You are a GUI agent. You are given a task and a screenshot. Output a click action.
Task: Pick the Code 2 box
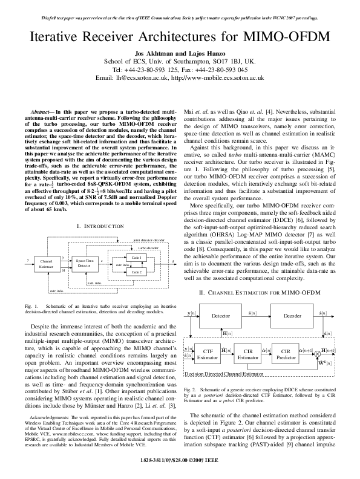[137, 272]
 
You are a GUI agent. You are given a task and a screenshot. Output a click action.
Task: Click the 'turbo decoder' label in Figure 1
[148, 248]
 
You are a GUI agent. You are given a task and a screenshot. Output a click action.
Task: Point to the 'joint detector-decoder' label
[148, 240]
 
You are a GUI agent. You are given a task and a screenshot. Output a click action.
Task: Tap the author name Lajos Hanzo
[197, 53]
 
